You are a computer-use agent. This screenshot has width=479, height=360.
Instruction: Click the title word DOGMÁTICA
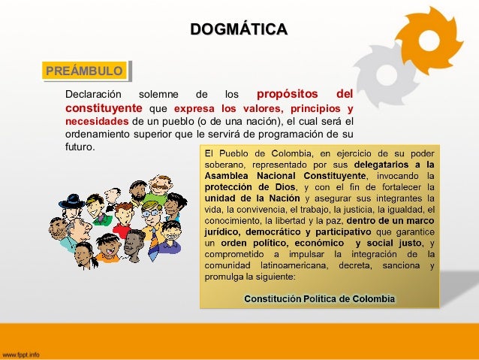[239, 30]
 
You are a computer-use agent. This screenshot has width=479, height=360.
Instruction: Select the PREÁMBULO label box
[83, 71]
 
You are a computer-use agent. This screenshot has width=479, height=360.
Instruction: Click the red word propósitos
[289, 95]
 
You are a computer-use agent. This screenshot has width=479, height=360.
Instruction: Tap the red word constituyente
[102, 109]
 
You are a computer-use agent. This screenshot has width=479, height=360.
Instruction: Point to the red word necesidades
[97, 123]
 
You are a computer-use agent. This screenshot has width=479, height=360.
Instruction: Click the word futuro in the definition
[80, 147]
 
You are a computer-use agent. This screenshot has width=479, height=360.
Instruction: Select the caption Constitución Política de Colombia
[319, 298]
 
